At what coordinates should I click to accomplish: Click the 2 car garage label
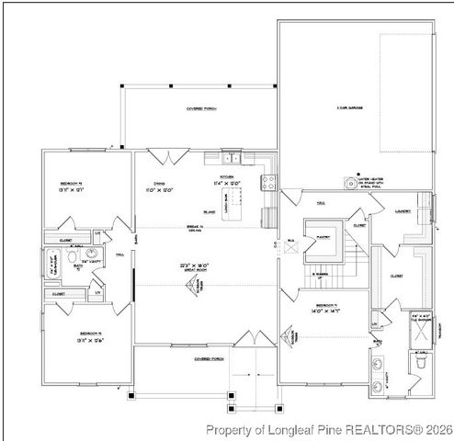point(349,108)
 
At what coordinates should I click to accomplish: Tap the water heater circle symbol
point(349,183)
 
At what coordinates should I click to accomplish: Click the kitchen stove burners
point(269,181)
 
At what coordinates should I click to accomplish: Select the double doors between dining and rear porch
point(163,155)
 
